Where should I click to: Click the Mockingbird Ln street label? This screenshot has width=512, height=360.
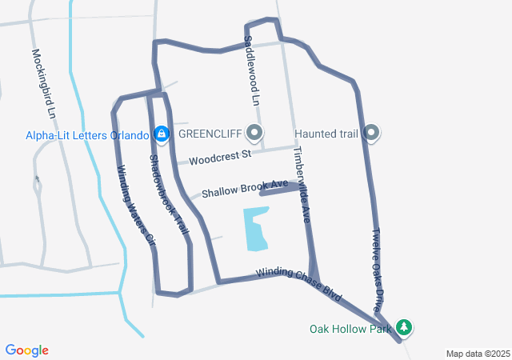coord(44,85)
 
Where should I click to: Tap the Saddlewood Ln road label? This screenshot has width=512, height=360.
coord(251,70)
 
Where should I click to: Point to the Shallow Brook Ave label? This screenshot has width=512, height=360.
coord(245,189)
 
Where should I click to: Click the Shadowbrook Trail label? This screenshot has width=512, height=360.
coord(169,194)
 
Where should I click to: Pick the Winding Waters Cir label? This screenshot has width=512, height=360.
coord(134,203)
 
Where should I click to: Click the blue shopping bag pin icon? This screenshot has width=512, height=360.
coord(162,133)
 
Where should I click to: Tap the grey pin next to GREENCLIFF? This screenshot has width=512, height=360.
coord(255,132)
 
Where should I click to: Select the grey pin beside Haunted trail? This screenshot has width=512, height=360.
coord(371,133)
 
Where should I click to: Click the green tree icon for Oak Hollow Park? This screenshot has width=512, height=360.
coord(405,327)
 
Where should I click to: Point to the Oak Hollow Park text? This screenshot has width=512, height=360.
coord(350,329)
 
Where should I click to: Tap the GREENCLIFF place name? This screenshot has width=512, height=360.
coord(210,134)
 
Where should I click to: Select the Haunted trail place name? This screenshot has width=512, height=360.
coord(326,134)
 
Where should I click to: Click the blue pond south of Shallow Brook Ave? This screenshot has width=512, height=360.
coord(256,229)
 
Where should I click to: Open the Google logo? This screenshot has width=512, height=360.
coord(26,350)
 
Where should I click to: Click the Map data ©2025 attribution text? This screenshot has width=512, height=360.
coord(478,354)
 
